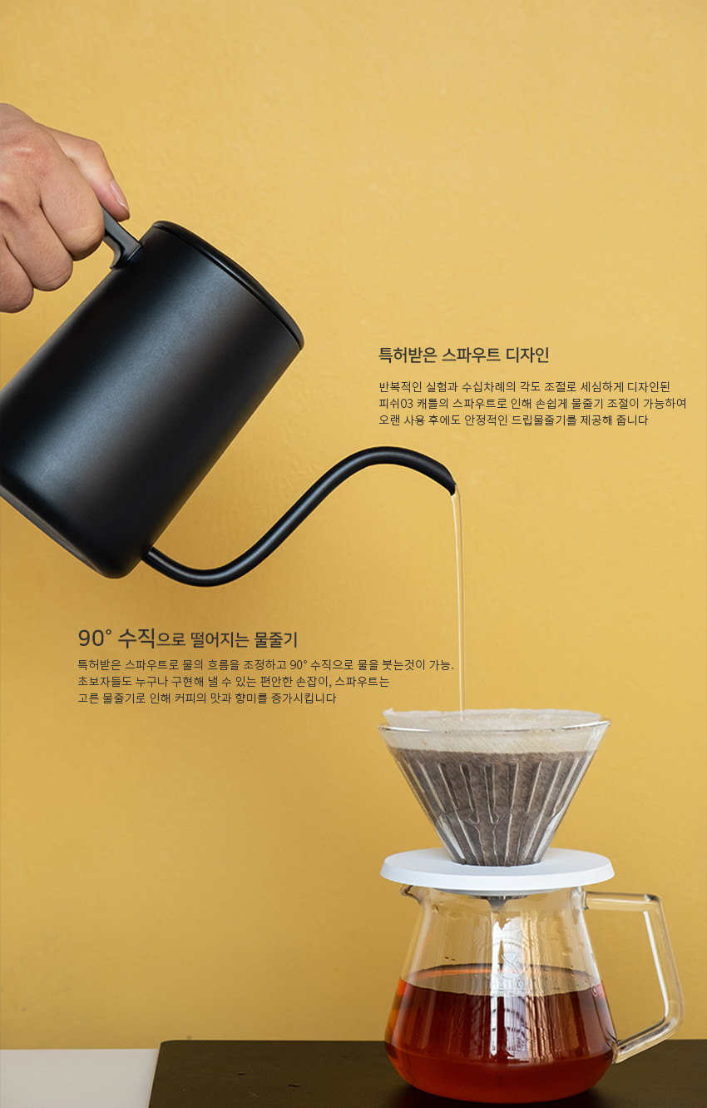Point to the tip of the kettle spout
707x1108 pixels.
452,489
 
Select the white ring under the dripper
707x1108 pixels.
497,870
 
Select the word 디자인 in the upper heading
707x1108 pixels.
527,355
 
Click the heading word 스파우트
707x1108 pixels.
471,355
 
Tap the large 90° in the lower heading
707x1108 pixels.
96,638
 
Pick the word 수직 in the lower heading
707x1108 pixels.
137,638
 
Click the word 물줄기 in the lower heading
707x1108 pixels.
275,639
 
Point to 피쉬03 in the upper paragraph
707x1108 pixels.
396,403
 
